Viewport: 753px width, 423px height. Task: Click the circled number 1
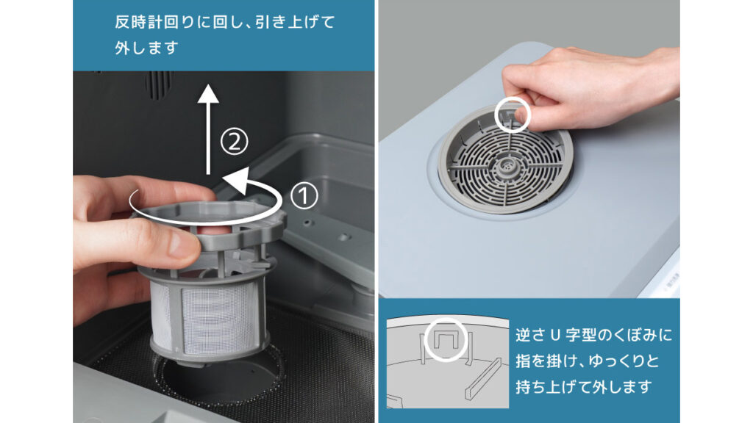coord(304,195)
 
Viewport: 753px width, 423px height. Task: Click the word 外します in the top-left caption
coord(147,48)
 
